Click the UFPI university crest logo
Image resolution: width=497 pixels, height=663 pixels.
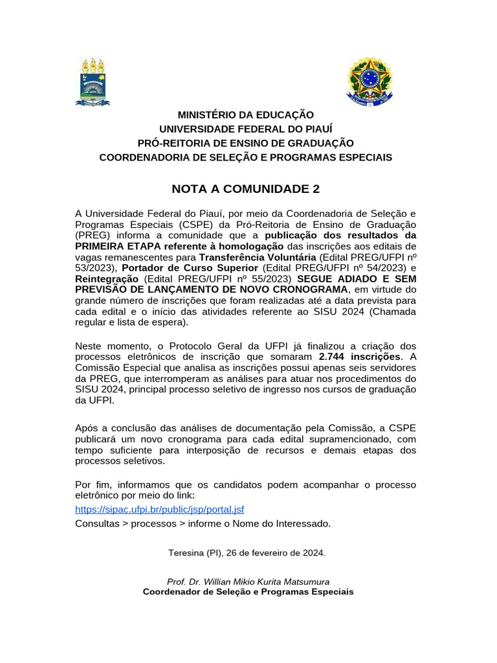coord(93,82)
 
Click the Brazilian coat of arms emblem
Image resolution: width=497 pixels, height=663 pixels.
coord(370,82)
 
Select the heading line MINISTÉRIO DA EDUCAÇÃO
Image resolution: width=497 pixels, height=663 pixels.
coord(245,115)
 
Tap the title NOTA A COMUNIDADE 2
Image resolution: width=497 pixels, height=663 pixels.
coord(245,189)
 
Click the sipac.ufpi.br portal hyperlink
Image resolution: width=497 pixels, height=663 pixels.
coord(160,510)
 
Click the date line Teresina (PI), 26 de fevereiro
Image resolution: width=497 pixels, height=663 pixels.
coord(247,554)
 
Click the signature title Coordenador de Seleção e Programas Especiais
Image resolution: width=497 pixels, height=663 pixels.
coord(248,592)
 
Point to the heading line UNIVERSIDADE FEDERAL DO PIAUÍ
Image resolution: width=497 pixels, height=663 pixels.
coord(245,129)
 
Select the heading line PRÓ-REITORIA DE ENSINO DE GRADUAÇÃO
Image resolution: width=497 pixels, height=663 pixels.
coord(245,143)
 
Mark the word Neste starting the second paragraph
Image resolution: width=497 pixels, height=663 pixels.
coord(89,346)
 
